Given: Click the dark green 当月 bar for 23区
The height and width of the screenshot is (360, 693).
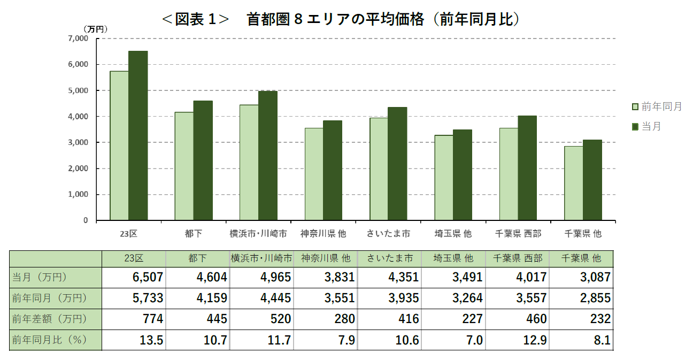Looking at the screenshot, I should pyautogui.click(x=138, y=136).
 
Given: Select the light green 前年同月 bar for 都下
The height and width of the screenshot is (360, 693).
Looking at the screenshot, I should pyautogui.click(x=184, y=166).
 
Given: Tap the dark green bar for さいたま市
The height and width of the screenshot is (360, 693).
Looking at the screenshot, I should pyautogui.click(x=397, y=164).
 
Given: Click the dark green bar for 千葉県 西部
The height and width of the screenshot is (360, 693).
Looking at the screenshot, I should pyautogui.click(x=527, y=168).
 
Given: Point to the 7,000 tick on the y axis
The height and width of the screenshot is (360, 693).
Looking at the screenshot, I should pyautogui.click(x=78, y=39).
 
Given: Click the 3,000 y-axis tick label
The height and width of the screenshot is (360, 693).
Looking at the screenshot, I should pyautogui.click(x=78, y=142).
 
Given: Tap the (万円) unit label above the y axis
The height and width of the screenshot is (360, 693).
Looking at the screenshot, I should pyautogui.click(x=95, y=29).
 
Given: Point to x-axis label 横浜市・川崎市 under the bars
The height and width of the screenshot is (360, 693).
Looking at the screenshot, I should pyautogui.click(x=258, y=234).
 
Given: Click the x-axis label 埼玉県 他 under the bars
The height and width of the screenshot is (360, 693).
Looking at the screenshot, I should pyautogui.click(x=453, y=234).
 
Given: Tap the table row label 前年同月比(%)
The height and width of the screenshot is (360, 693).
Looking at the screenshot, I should pyautogui.click(x=49, y=340).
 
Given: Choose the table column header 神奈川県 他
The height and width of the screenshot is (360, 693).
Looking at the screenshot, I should pyautogui.click(x=325, y=258).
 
